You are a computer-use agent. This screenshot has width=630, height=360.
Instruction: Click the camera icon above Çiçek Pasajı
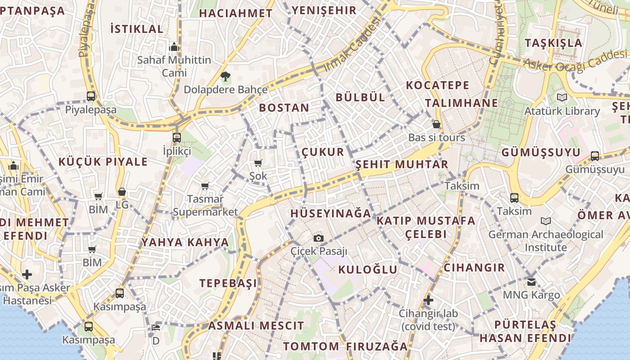(x=319, y=238)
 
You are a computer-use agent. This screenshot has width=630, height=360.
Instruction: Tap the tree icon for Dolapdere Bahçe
(x=225, y=76)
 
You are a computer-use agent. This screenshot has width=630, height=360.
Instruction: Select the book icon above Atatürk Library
(x=562, y=97)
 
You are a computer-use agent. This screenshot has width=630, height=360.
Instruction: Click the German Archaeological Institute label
(x=545, y=241)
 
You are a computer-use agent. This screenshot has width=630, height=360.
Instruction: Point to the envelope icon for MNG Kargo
(x=531, y=282)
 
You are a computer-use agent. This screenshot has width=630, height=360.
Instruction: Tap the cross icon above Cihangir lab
(x=428, y=300)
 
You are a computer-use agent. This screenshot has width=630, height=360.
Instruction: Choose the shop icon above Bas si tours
(x=436, y=124)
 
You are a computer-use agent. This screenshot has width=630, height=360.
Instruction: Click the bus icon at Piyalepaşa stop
(x=91, y=96)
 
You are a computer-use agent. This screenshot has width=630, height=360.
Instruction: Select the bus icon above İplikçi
(x=176, y=138)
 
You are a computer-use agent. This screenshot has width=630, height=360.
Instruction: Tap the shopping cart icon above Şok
(x=258, y=163)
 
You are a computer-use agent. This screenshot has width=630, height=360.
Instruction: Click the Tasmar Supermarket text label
(x=205, y=205)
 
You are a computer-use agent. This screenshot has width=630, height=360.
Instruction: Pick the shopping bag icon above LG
(x=121, y=192)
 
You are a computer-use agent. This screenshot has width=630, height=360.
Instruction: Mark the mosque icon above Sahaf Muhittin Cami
(x=174, y=47)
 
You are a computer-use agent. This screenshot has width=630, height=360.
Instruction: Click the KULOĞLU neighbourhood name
(x=368, y=270)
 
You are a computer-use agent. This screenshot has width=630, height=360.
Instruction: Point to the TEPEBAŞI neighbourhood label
(x=228, y=283)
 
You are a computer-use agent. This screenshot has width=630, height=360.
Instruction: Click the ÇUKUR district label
(x=323, y=152)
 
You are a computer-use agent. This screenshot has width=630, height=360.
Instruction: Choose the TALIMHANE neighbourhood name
(x=461, y=103)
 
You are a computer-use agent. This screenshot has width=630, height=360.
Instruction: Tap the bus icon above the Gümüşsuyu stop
(x=595, y=156)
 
